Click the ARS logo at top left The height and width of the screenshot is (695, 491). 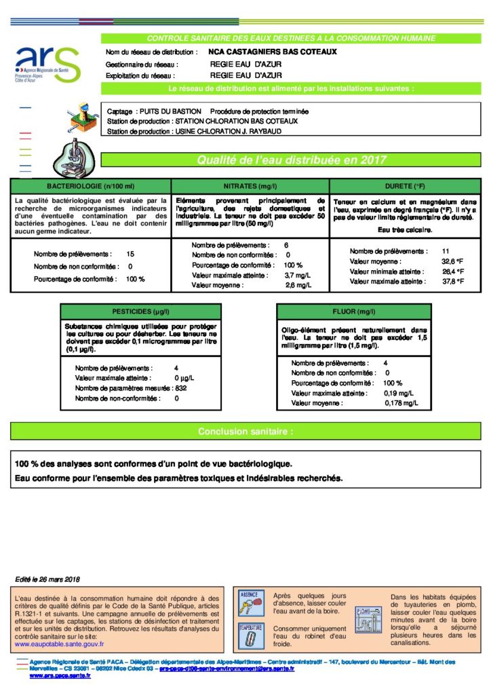click(47, 65)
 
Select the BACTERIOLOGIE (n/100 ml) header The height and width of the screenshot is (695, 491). click(91, 185)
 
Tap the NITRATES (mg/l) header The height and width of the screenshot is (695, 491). click(250, 185)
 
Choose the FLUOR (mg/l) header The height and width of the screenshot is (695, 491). click(354, 312)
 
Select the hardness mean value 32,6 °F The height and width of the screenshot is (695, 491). click(452, 261)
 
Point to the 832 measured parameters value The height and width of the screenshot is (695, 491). click(181, 388)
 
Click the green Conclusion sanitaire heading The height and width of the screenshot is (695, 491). click(245, 431)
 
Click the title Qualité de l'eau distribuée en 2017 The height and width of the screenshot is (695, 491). click(292, 160)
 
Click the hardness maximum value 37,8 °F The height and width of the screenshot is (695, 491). click(452, 281)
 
